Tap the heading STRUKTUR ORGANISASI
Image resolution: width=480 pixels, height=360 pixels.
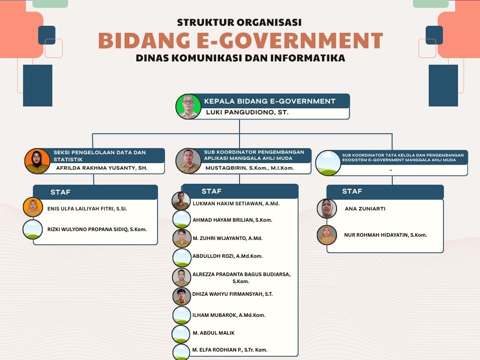(239, 22)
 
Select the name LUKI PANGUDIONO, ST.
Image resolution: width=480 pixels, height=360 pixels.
(247, 112)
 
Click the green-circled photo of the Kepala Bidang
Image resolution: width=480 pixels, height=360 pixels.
(188, 106)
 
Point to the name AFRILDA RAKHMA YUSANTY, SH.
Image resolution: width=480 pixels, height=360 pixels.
(102, 167)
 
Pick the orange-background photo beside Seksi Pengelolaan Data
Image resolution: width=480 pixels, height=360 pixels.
(37, 161)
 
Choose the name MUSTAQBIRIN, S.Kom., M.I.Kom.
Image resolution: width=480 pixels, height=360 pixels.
(249, 168)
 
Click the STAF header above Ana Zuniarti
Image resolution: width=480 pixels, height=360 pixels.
(352, 191)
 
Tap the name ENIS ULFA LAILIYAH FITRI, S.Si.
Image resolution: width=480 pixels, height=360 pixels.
(87, 209)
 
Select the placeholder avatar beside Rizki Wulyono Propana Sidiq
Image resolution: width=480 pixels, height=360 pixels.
(33, 230)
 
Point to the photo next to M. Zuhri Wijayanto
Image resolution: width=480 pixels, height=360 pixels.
(181, 238)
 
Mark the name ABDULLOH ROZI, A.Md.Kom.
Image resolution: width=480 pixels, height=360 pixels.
(227, 256)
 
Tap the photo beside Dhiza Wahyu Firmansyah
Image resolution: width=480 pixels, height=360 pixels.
(181, 296)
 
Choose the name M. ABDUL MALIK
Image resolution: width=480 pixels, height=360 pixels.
(213, 333)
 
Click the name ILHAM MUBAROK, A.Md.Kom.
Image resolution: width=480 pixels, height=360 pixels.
(229, 315)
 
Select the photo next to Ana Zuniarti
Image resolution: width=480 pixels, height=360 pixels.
(327, 209)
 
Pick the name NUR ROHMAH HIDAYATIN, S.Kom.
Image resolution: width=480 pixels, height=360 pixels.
(385, 235)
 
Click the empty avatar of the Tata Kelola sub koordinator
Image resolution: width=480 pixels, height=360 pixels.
(328, 163)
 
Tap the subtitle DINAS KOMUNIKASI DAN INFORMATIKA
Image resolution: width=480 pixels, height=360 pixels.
(240, 59)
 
